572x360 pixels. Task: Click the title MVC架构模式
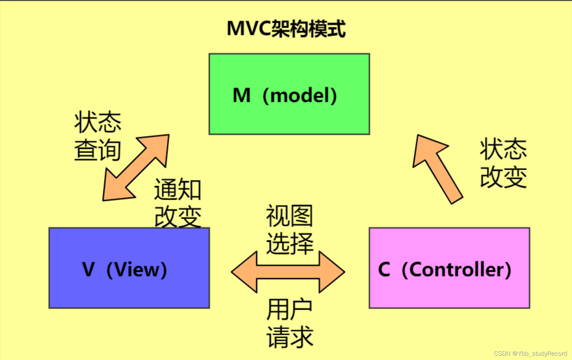(x=286, y=29)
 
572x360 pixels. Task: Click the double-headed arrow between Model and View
(x=136, y=167)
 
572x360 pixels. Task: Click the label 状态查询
(x=98, y=136)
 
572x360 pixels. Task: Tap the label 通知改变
(x=178, y=203)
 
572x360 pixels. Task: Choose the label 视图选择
(x=290, y=230)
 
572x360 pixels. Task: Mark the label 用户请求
(x=290, y=323)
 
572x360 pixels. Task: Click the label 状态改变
(x=503, y=163)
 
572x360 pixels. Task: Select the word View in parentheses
(x=137, y=269)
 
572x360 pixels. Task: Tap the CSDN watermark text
(x=530, y=353)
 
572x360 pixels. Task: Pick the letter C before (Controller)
(x=384, y=269)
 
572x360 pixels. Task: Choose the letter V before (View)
(x=89, y=269)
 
